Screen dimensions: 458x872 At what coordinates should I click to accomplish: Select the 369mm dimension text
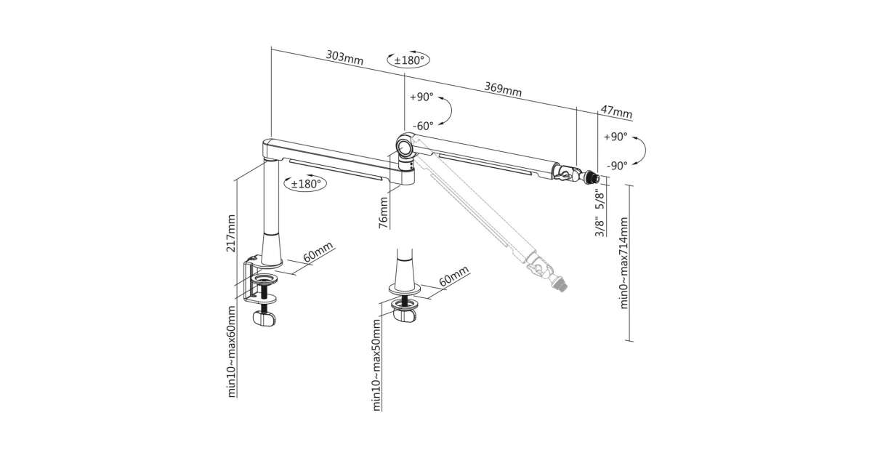pyautogui.click(x=503, y=90)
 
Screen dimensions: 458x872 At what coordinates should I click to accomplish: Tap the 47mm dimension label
pyautogui.click(x=616, y=113)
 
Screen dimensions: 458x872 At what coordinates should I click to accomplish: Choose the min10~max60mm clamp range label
pyautogui.click(x=232, y=353)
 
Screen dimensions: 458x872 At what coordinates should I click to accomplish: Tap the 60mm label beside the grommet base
pyautogui.click(x=454, y=278)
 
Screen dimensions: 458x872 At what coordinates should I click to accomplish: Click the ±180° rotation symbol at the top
pyautogui.click(x=408, y=60)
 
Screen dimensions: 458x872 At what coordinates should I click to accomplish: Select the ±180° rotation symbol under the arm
pyautogui.click(x=305, y=184)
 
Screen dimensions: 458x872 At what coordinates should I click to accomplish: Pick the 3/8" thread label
pyautogui.click(x=599, y=226)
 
